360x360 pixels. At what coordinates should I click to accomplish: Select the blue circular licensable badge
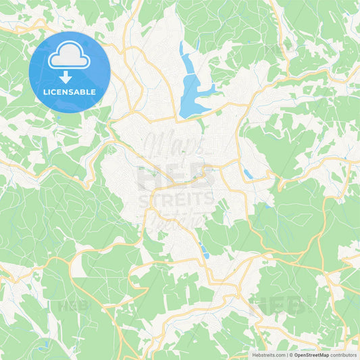(70, 72)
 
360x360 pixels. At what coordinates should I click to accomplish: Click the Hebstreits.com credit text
(269, 355)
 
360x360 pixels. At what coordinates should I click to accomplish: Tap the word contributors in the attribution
(344, 355)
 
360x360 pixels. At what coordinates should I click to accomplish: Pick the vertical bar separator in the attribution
(286, 355)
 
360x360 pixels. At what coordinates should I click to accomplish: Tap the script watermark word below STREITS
(177, 220)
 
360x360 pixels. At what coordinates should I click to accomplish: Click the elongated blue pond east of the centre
(249, 174)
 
